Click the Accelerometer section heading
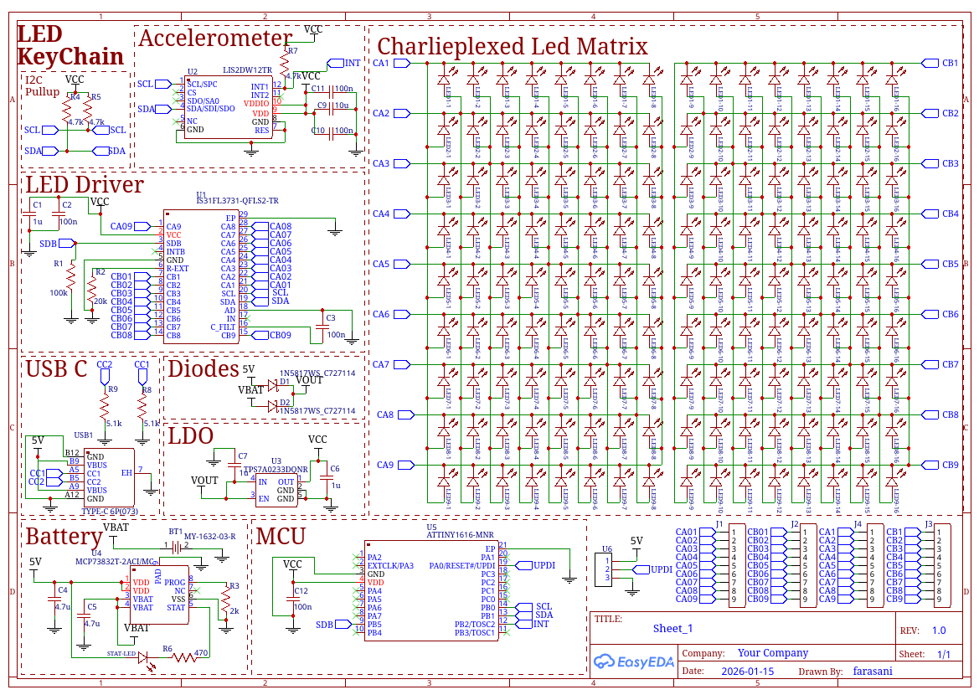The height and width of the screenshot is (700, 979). pyautogui.click(x=214, y=39)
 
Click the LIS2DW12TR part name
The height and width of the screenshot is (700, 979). pyautogui.click(x=247, y=71)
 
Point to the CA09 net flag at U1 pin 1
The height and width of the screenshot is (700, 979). pyautogui.click(x=122, y=226)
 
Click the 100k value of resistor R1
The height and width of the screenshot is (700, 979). pyautogui.click(x=59, y=293)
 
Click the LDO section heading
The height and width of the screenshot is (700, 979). pyautogui.click(x=191, y=436)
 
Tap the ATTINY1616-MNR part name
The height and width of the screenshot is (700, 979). pyautogui.click(x=460, y=533)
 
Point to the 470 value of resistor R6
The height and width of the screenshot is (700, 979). pyautogui.click(x=201, y=653)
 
